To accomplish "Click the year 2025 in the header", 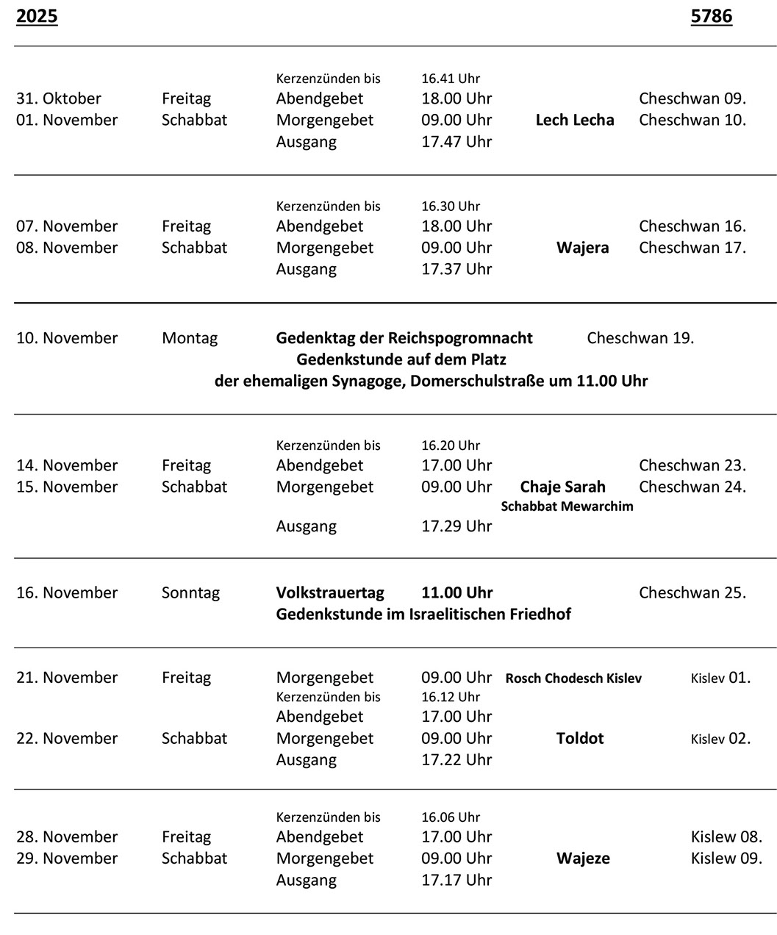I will pos(37,16).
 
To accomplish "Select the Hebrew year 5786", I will pos(711,16).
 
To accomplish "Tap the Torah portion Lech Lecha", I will pos(575,120).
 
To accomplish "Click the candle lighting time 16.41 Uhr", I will pos(450,79).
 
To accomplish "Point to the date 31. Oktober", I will pos(59,98).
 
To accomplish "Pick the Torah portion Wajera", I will pos(582,248).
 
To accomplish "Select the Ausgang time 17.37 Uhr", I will pos(456,269).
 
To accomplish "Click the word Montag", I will pos(190,338).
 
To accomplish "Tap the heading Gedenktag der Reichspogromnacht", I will pos(404,338).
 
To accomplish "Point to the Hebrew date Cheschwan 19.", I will pos(640,338).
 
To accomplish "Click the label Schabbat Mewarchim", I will pos(567,506).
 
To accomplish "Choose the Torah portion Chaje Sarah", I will pos(562,487).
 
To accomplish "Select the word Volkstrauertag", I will pos(330,592).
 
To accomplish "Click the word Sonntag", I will pos(190,592).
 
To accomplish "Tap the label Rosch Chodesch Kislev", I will pos(573,678).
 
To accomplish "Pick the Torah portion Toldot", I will pos(580,738).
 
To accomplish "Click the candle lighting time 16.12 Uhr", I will pos(450,697).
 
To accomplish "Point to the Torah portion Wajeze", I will pos(583,859).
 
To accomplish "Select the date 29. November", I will pos(67,859).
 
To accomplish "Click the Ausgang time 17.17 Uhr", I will pos(456,880).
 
